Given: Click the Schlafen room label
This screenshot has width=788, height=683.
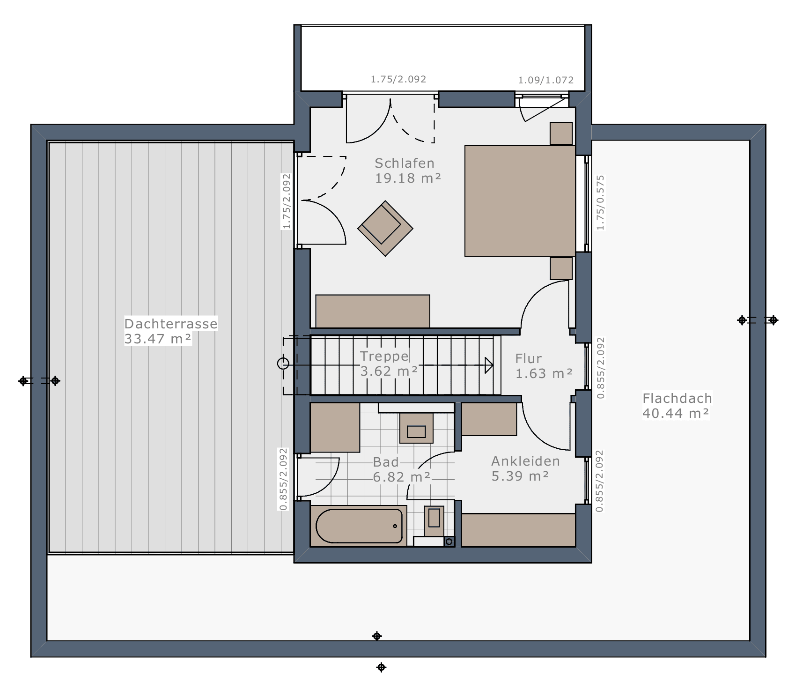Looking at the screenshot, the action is click(x=405, y=163).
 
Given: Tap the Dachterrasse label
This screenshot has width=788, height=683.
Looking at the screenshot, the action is click(x=171, y=324).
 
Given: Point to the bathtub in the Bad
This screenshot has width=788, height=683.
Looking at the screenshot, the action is click(x=359, y=526).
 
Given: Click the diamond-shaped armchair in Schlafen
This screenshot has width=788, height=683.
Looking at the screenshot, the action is click(x=385, y=229).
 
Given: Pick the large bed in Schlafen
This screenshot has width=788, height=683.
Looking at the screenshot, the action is click(x=520, y=201).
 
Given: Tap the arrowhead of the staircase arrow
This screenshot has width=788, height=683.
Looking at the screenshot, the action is click(x=489, y=365).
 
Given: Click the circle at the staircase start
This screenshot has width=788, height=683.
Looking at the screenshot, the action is click(x=283, y=364).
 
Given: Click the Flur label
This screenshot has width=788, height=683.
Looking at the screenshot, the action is click(x=528, y=358).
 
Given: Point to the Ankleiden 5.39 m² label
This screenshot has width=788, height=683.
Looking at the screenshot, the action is click(x=525, y=468).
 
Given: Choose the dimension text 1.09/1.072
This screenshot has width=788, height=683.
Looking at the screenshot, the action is click(x=545, y=80).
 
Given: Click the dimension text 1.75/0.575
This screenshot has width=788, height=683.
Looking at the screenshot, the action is click(x=601, y=202).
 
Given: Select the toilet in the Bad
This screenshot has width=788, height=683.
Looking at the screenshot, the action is click(x=434, y=520).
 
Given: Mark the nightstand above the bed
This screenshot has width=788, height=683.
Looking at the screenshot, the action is click(x=561, y=134).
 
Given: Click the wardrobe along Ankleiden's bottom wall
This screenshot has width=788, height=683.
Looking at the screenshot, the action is click(x=518, y=530).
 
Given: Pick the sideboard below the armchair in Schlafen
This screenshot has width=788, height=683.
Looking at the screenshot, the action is click(x=373, y=311).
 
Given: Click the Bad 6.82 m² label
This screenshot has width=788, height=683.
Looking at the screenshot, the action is click(x=401, y=469).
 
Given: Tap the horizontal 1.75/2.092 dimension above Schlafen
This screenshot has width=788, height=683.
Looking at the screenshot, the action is click(x=398, y=79).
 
